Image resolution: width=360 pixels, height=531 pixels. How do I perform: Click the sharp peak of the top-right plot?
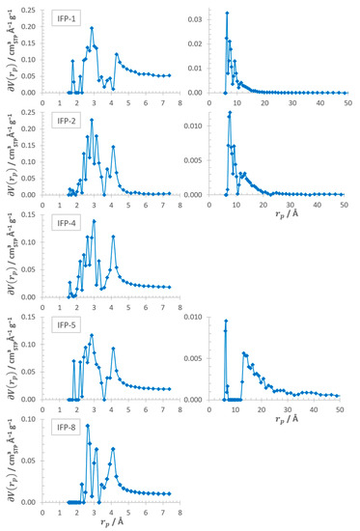(x=227, y=14)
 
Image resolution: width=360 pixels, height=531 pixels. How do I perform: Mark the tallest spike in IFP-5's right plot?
(x=226, y=321)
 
